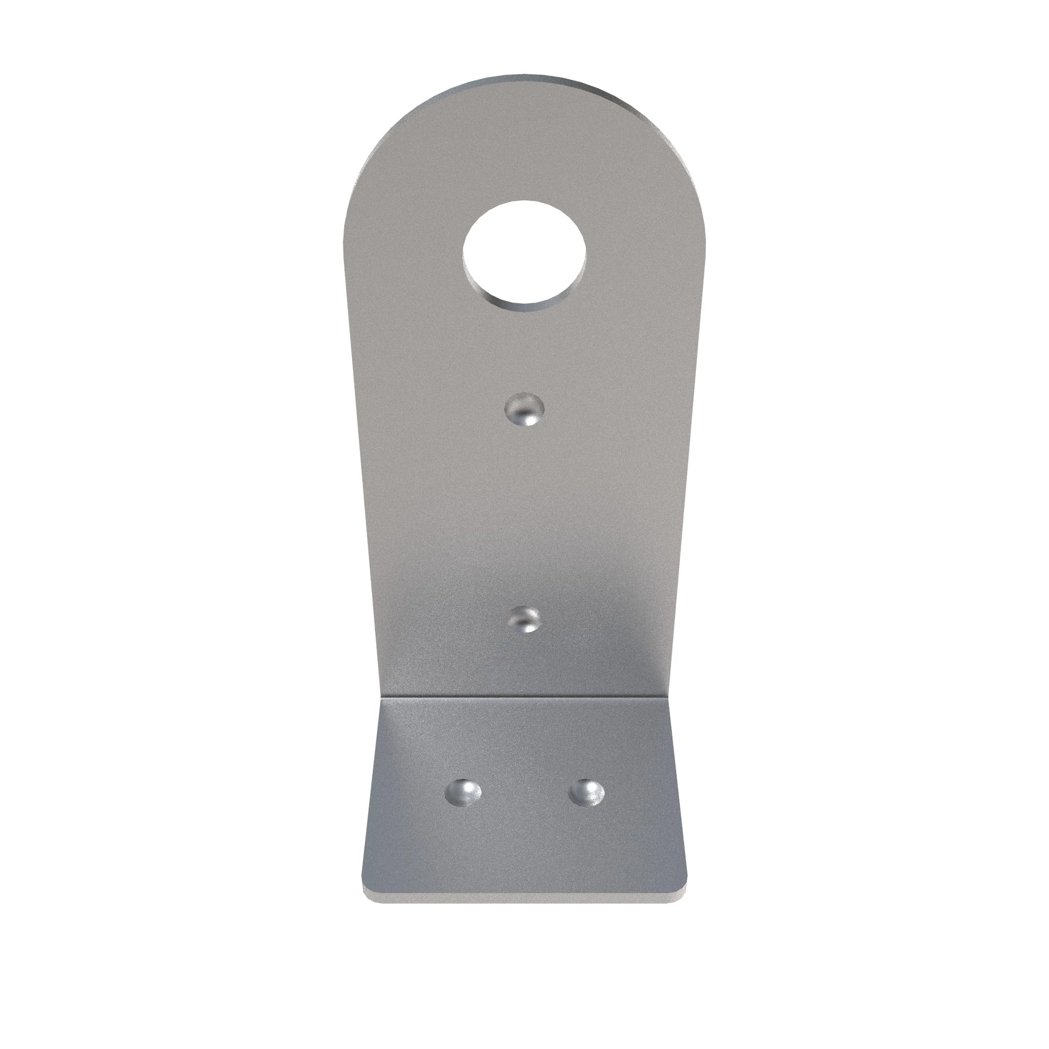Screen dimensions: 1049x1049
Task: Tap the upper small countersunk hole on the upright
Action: [524, 410]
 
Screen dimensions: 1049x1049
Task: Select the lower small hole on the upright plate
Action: [526, 620]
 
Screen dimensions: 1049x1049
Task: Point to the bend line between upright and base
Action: [524, 695]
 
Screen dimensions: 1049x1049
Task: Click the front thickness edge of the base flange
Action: [524, 897]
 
